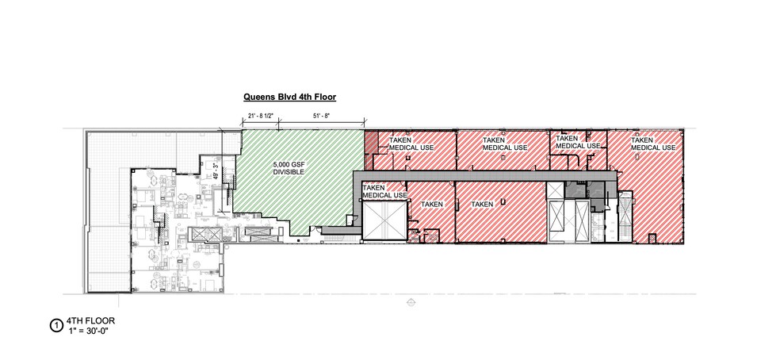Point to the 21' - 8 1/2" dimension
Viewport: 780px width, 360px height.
261,117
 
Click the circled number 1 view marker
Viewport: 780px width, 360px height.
55,324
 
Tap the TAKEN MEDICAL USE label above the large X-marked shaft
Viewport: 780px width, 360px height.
384,190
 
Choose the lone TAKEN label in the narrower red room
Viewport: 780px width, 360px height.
431,204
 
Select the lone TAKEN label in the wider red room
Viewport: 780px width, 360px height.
482,204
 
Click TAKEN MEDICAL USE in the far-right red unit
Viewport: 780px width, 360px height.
653,144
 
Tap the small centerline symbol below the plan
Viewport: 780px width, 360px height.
409,301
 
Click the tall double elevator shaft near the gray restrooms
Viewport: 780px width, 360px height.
568,217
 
